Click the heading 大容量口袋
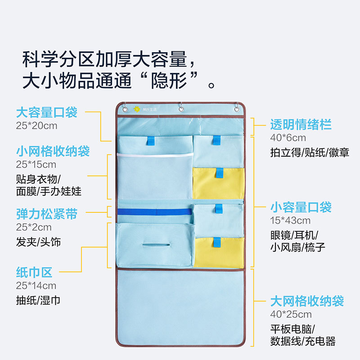pos(47,112)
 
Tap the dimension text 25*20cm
pos(36,126)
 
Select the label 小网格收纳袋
pos(53,151)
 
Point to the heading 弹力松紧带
pos(47,214)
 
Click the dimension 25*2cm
pos(34,227)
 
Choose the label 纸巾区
pos(34,272)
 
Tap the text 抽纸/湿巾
pos(38,300)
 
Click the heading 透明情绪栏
pos(301,125)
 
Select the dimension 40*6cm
pos(288,138)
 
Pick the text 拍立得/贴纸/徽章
pos(310,153)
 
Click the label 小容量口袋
pos(301,207)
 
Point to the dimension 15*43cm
pos(290,220)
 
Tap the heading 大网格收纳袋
pos(307,301)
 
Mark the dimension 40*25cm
pos(291,314)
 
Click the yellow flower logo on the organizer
pos(137,109)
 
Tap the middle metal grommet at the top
pos(181,109)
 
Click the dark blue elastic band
pos(155,211)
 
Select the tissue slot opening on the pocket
pos(156,245)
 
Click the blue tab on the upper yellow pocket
pos(220,173)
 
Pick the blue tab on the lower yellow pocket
pos(217,243)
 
